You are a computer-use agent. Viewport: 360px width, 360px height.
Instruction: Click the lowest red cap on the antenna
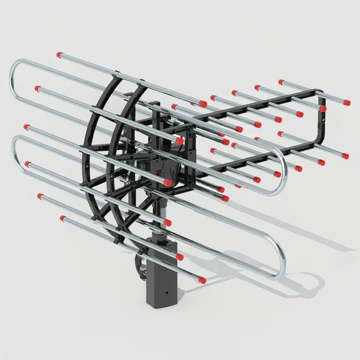pos(201,279)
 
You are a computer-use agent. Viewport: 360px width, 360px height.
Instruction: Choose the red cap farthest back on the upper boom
pos(281,81)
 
